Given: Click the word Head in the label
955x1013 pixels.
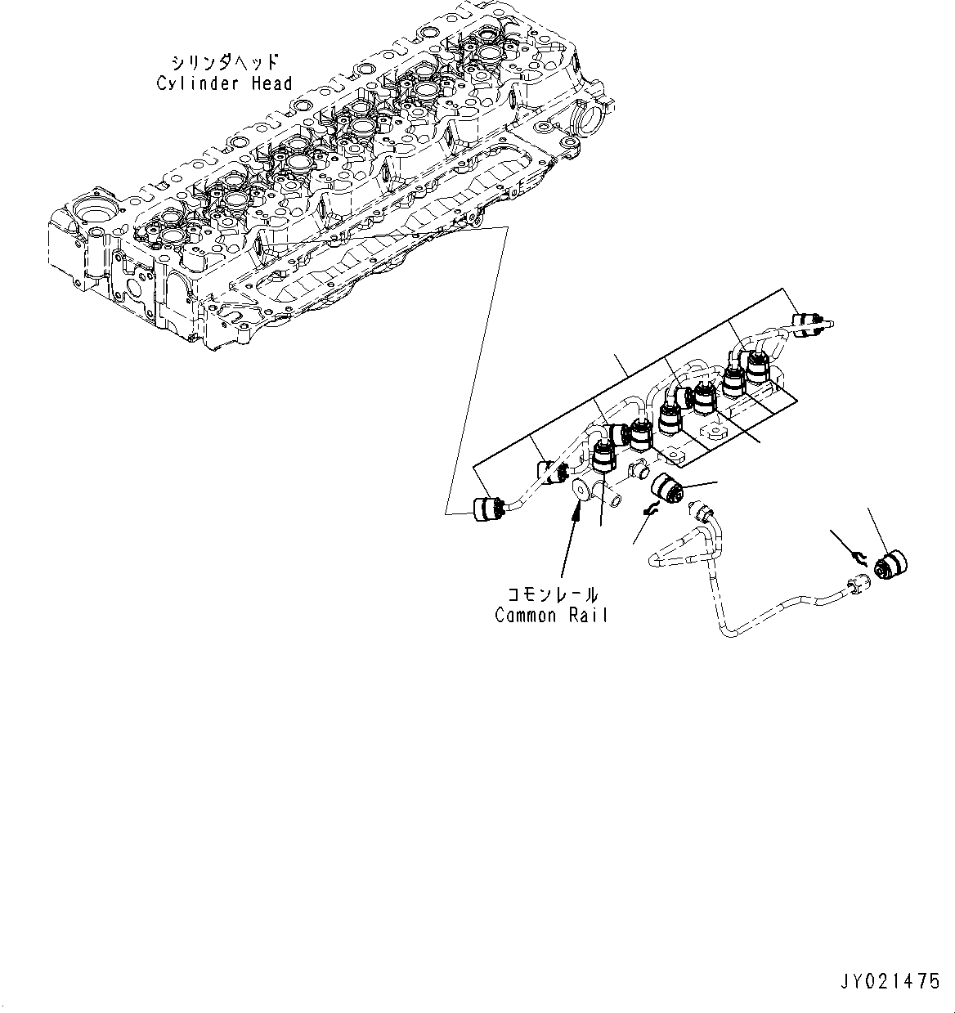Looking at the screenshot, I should pyautogui.click(x=271, y=83).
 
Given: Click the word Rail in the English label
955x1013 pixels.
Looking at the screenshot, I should pyautogui.click(x=588, y=616).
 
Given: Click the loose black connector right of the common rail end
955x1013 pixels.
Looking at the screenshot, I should pyautogui.click(x=666, y=491).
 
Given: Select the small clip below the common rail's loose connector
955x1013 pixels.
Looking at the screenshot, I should pyautogui.click(x=651, y=510).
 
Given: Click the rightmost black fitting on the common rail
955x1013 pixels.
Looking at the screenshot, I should pyautogui.click(x=758, y=368).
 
